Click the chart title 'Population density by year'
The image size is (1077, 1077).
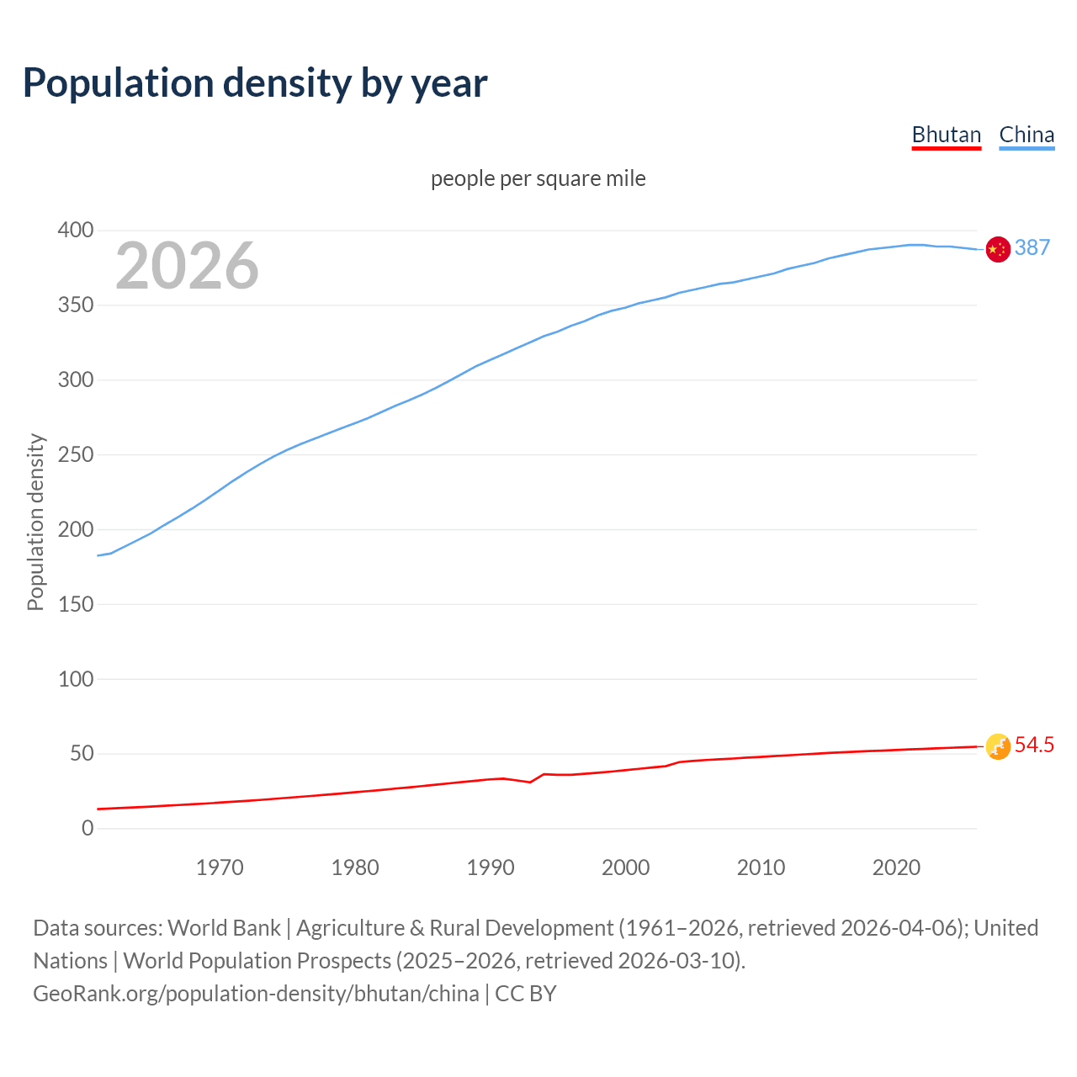(255, 83)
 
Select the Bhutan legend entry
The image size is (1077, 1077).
(947, 135)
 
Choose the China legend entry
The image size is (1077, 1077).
(1027, 135)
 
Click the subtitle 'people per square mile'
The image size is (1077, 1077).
(538, 179)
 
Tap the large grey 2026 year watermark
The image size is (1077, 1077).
(187, 266)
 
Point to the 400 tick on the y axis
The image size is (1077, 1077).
(76, 231)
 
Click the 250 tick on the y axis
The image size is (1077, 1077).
(76, 455)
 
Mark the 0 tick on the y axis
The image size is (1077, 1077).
(88, 829)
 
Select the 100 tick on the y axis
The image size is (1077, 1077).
(76, 679)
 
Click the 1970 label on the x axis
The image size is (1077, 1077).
(220, 867)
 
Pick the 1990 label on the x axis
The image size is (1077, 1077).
(491, 867)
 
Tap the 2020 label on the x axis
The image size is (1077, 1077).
(896, 867)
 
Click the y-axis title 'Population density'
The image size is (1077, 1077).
(35, 522)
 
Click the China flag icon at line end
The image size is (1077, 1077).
(998, 249)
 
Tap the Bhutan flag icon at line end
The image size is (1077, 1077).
(998, 746)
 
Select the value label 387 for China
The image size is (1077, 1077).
(1032, 247)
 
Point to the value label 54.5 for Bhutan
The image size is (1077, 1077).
(1034, 745)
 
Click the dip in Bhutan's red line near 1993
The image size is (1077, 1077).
(529, 783)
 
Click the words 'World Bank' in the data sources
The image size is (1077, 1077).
(224, 928)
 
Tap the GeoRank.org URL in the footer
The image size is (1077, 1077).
(256, 994)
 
